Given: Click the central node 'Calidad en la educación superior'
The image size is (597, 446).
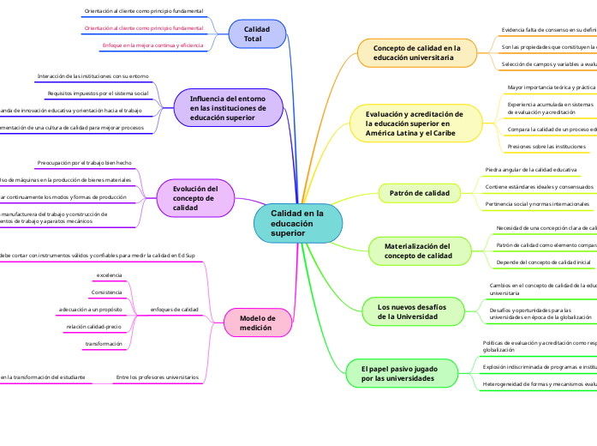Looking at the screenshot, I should (296, 223).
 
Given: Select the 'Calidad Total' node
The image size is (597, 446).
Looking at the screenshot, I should (257, 34).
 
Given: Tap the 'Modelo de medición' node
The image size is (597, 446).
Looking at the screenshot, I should (257, 322).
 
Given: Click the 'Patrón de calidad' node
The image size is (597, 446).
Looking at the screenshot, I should (419, 194).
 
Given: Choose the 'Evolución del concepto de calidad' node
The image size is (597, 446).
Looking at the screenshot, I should (195, 198).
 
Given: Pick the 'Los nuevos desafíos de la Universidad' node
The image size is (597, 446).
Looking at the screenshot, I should (411, 310).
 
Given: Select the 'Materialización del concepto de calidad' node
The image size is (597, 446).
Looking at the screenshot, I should (417, 250).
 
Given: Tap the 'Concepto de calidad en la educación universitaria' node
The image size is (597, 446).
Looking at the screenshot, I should (417, 53).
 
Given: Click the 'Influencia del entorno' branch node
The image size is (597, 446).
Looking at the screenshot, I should (228, 108).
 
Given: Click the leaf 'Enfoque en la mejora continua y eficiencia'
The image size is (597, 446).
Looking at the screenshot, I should (152, 45).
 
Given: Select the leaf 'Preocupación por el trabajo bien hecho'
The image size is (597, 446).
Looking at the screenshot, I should (84, 162).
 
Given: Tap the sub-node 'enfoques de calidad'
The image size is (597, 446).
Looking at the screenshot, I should (174, 309).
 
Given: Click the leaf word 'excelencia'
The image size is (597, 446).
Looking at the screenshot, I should (109, 274).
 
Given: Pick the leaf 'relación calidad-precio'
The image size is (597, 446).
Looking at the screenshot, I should (95, 327).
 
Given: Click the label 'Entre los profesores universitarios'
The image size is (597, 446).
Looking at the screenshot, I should (157, 377).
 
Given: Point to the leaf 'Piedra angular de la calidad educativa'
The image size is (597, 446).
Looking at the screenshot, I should (530, 170).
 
